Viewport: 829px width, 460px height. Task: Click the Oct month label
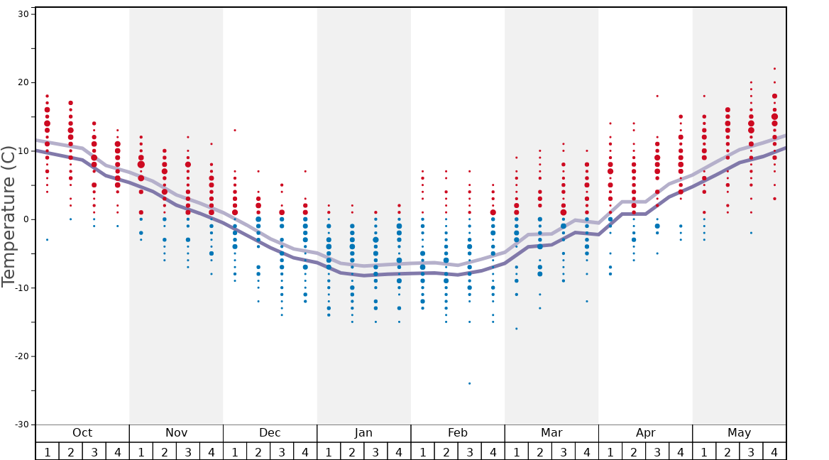point(82,433)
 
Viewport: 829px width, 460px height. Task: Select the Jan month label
point(363,433)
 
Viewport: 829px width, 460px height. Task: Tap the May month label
point(739,433)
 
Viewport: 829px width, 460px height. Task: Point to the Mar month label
point(551,433)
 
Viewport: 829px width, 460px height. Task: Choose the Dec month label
point(270,433)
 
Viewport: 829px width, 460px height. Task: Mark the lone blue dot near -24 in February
point(469,383)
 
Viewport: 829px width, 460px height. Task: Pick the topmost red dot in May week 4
point(774,69)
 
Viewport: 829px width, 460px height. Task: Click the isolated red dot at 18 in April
point(657,96)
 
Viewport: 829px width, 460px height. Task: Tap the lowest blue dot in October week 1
point(47,240)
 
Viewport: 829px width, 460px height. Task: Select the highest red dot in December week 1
point(235,130)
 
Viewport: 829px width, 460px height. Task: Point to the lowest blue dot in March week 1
point(516,329)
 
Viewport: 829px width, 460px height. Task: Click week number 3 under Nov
point(188,452)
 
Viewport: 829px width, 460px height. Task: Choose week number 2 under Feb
point(446,452)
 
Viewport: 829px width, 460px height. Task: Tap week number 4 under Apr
point(681,452)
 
